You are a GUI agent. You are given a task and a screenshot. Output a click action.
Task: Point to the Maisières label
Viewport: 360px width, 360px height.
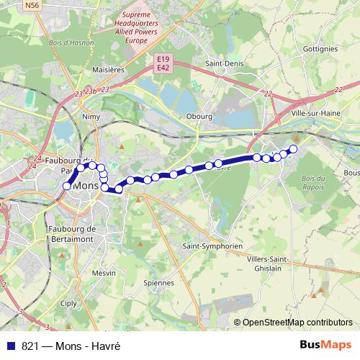coord(109,71)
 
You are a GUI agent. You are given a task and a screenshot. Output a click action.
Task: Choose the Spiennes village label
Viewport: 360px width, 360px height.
coord(158,283)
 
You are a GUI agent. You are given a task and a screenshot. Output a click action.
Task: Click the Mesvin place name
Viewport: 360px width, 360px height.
coord(104,273)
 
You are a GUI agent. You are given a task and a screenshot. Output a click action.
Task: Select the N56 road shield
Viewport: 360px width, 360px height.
coord(32,5)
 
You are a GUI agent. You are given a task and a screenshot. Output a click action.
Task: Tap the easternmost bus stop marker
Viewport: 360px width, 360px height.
coord(293,149)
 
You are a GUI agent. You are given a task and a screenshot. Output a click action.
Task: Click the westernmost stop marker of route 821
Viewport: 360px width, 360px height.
coord(67,186)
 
